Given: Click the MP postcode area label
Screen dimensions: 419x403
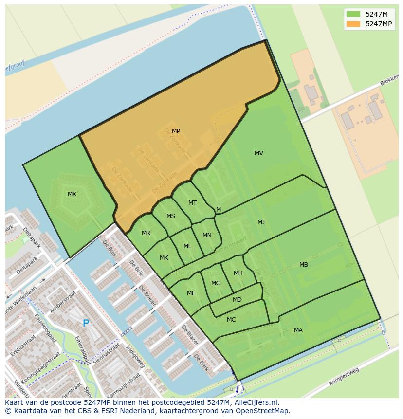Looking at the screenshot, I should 176,131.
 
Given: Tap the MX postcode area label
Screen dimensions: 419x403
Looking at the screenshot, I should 72,194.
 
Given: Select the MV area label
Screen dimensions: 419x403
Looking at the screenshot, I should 259,153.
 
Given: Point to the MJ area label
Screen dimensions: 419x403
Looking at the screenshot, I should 261,222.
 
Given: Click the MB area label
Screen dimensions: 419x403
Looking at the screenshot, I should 304,265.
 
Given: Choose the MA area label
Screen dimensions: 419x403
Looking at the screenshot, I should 298,330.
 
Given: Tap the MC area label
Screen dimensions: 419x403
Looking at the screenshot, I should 231,320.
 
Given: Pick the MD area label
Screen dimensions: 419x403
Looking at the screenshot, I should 237,300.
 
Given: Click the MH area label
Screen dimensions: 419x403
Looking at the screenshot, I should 238,273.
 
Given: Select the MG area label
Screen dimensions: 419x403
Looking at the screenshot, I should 216,283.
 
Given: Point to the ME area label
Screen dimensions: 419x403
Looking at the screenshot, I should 191,293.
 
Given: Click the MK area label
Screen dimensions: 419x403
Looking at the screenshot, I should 164,258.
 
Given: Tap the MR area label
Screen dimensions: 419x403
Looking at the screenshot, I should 146,233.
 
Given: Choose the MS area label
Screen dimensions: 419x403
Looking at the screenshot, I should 171,216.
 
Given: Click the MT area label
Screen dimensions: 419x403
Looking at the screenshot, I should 193,203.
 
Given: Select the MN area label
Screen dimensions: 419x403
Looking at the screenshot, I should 207,236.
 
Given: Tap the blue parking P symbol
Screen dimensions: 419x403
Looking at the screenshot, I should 86,323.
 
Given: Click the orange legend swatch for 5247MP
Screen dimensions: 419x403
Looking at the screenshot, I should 353,24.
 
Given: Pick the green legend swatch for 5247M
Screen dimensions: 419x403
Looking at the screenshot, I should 353,14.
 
